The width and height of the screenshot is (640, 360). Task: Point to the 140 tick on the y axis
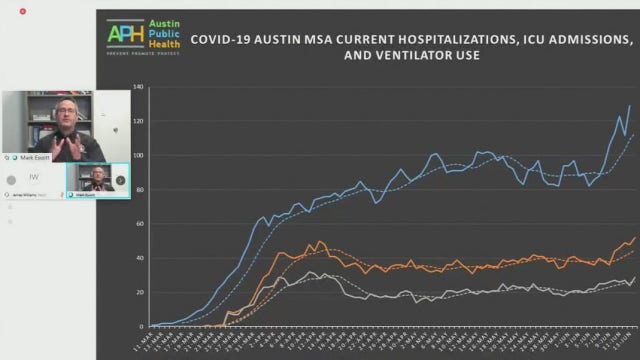coord(138,87)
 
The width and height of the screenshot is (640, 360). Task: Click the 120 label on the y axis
coord(138,121)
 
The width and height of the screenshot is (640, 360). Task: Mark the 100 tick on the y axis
coord(138,155)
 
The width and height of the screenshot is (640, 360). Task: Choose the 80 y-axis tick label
coord(139,189)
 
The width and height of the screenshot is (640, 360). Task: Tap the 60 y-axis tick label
coord(139,223)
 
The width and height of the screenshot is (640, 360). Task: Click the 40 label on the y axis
coord(139,258)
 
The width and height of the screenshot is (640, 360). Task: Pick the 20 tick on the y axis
coord(139,292)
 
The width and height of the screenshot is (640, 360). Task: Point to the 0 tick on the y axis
coord(141,326)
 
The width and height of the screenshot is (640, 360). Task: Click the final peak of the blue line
coord(629,105)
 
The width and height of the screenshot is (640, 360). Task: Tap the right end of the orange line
coord(635,237)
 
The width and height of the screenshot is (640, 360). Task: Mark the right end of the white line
coord(635,277)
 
